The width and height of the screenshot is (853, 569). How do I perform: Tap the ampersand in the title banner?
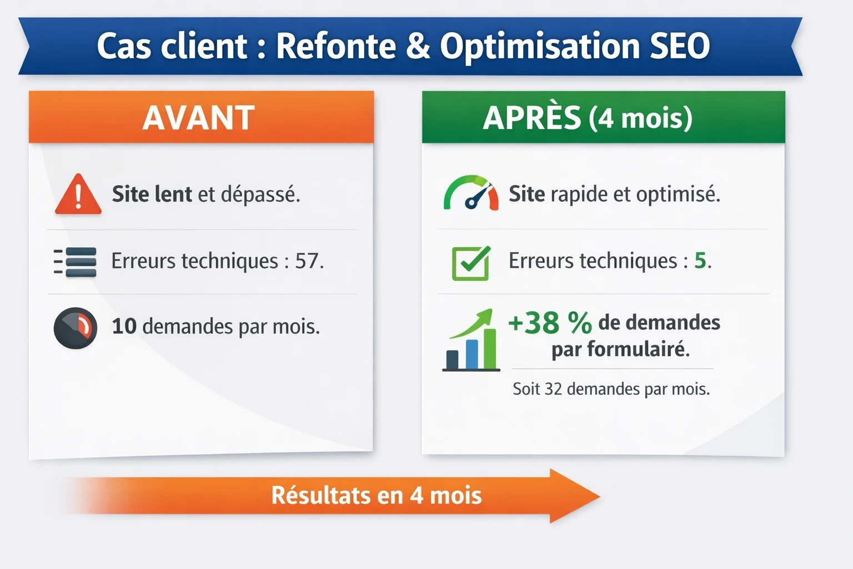(x=418, y=46)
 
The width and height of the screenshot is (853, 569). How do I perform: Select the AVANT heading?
(x=198, y=117)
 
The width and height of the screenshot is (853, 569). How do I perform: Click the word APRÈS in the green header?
(x=531, y=118)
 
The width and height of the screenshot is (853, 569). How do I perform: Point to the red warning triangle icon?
(x=78, y=194)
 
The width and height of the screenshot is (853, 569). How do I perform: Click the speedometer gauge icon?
(x=471, y=193)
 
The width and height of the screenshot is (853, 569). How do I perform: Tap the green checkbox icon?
(x=471, y=262)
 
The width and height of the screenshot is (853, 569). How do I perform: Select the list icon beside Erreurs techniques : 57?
(x=76, y=262)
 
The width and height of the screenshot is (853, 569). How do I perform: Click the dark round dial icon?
(x=76, y=328)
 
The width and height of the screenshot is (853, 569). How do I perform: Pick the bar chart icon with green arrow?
(x=471, y=340)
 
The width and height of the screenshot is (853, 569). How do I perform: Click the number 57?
(x=306, y=261)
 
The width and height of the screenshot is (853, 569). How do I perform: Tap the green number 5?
(x=700, y=260)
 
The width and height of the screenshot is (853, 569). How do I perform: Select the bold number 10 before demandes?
(x=124, y=326)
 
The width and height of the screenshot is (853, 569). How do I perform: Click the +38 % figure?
(x=550, y=322)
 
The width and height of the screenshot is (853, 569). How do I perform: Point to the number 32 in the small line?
(x=553, y=389)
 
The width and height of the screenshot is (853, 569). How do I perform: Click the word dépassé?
(x=260, y=194)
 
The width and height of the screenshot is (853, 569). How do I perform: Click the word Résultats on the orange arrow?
(x=320, y=495)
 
